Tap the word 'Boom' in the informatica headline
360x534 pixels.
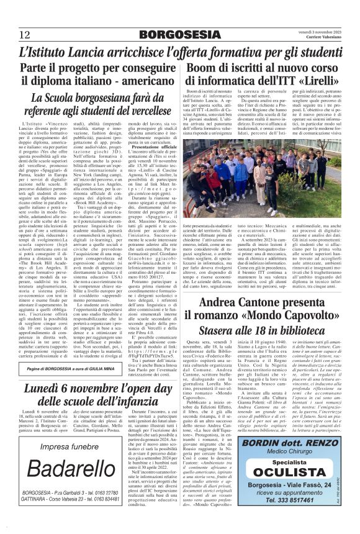tap(205, 66)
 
